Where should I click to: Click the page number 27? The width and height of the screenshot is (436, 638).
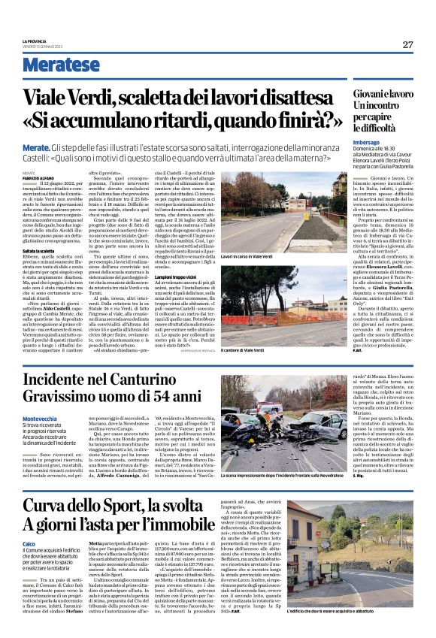pyautogui.click(x=407, y=44)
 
